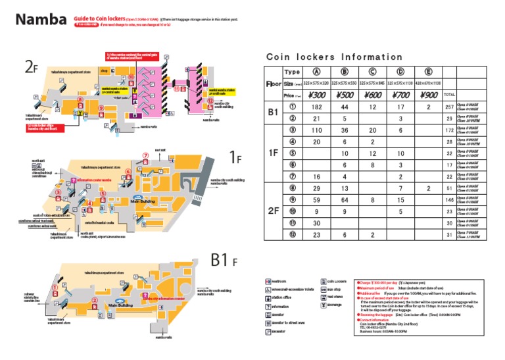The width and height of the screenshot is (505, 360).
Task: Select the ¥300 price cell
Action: click(317, 95)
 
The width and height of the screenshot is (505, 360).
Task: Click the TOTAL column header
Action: click(450, 95)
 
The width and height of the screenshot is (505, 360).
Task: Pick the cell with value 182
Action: click(317, 107)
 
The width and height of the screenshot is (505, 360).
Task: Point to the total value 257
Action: click(450, 107)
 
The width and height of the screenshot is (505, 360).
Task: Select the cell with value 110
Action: click(317, 130)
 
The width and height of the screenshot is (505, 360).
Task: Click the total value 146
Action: click(450, 199)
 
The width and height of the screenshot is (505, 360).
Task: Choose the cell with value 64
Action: click(345, 199)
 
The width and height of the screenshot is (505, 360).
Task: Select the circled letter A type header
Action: click(317, 72)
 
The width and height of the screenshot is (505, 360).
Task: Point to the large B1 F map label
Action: click(224, 261)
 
